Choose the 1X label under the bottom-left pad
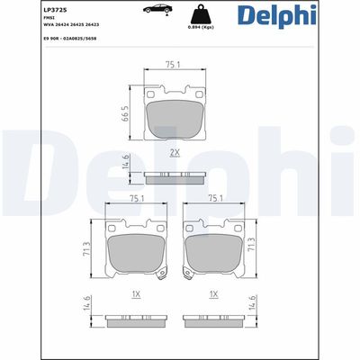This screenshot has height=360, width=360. pyautogui.click(x=137, y=293)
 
